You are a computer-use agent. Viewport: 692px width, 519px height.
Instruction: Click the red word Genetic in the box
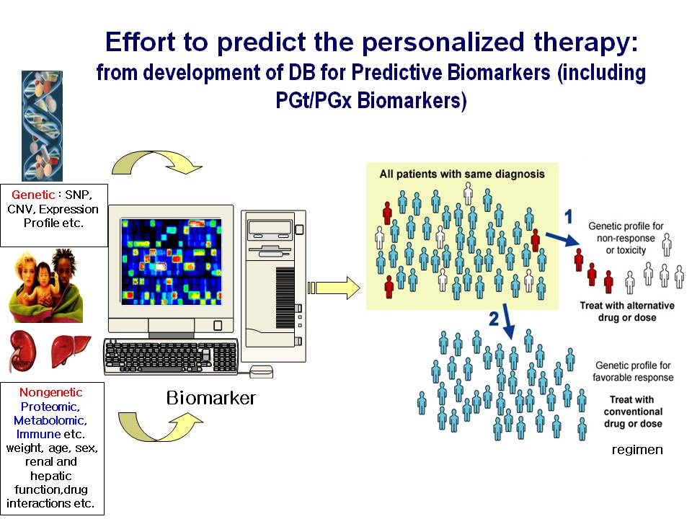[x=33, y=195]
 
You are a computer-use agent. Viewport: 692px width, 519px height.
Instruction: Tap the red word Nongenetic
[x=50, y=392]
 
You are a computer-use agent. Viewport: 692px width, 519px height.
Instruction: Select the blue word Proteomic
[x=50, y=407]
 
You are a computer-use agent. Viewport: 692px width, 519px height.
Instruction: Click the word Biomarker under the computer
[x=210, y=398]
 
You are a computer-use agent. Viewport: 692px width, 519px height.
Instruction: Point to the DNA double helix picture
[x=42, y=125]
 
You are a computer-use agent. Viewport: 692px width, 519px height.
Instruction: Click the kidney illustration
[x=22, y=352]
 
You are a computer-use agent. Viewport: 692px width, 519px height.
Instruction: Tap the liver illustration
[x=71, y=351]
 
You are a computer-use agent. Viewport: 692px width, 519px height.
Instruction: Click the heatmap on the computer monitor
[x=172, y=262]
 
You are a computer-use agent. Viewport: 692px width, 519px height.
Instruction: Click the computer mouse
[x=261, y=372]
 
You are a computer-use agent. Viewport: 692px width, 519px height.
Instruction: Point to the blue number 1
[x=569, y=216]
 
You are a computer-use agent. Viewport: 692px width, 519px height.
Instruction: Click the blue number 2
[x=494, y=319]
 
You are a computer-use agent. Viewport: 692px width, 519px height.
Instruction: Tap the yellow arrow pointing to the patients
[x=334, y=288]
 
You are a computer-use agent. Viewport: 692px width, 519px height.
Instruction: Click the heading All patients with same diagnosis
[x=462, y=174]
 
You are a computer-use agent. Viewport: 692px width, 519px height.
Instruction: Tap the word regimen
[x=637, y=450]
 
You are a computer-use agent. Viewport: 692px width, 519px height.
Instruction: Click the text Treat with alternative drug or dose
[x=627, y=311]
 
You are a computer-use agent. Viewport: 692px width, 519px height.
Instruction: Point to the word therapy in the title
[x=586, y=43]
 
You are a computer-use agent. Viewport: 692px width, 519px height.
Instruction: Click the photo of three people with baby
[x=46, y=285]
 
